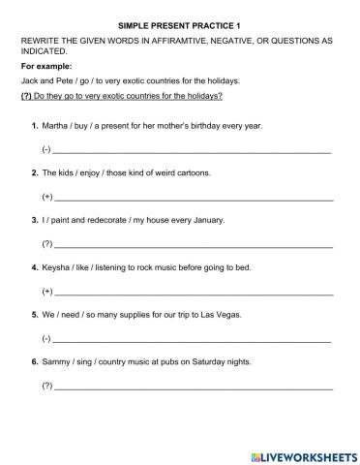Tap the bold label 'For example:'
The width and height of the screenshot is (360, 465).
[45, 66]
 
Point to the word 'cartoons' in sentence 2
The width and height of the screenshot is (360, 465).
[192, 172]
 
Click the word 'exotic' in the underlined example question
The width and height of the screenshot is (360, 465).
[110, 96]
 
